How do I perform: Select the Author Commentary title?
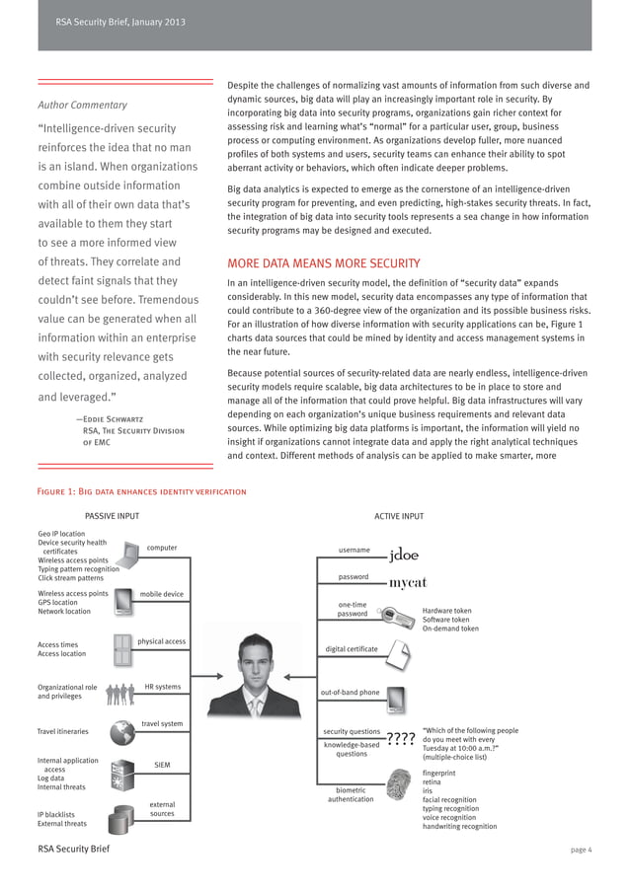pos(83,105)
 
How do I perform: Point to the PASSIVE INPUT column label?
pos(112,516)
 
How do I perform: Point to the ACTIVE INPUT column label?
pos(399,516)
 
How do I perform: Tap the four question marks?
pos(400,738)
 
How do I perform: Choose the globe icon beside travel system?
pos(122,732)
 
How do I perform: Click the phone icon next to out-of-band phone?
pos(395,700)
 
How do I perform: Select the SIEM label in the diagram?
pos(162,765)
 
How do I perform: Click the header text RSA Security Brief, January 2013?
pos(119,22)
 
